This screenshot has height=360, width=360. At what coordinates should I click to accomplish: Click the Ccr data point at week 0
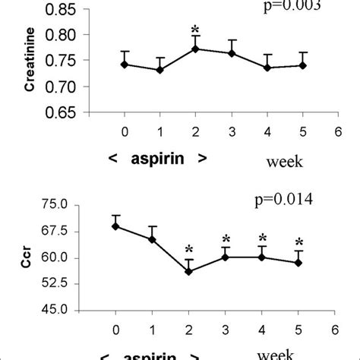point(115,226)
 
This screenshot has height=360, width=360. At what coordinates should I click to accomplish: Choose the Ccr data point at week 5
point(298,263)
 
